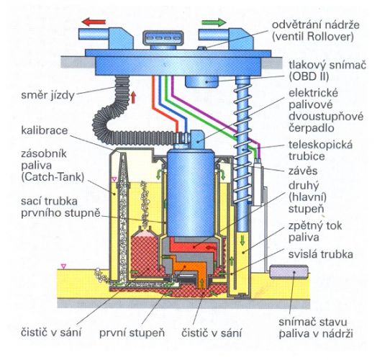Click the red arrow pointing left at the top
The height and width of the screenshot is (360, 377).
click(94, 22)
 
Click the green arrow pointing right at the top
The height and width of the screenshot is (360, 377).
click(214, 22)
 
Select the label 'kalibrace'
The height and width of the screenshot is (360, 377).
click(45, 130)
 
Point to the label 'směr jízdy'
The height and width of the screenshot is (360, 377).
click(48, 95)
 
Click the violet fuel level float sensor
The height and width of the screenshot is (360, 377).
click(289, 271)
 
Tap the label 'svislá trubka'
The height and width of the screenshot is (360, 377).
click(321, 254)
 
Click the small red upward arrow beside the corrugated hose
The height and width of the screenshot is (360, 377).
click(133, 97)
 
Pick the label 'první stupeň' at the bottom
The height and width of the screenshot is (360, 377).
click(132, 333)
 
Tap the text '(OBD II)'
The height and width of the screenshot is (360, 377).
click(309, 76)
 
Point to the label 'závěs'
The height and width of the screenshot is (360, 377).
click(303, 171)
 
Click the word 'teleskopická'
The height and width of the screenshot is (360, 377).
click(320, 145)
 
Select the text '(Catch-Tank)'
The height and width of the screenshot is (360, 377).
click(53, 177)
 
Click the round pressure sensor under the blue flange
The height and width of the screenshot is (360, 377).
click(201, 81)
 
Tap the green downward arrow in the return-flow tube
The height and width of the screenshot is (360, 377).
click(243, 240)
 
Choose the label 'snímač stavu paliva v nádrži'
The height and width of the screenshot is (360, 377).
click(316, 328)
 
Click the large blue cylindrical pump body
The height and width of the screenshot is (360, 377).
click(191, 193)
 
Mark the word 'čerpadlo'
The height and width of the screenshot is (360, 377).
click(312, 127)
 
